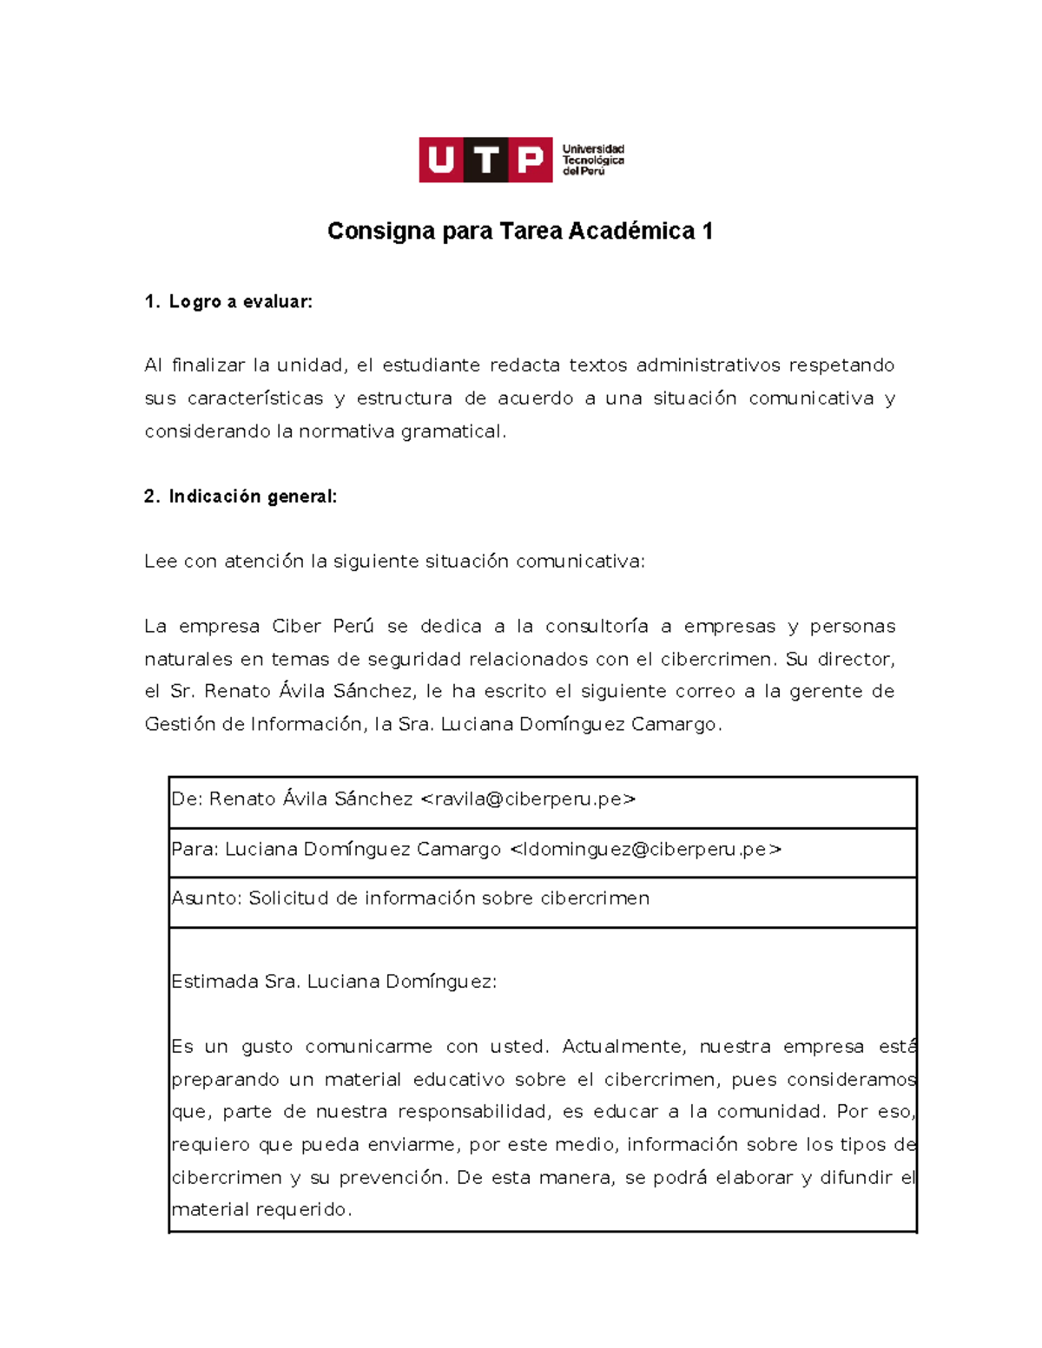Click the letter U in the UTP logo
click(441, 161)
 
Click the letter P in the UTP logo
click(530, 161)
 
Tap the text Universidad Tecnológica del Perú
click(593, 161)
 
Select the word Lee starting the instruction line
click(161, 562)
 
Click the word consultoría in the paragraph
click(597, 627)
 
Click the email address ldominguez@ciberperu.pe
click(645, 850)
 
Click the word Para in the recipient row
click(194, 850)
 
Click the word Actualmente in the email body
click(623, 1047)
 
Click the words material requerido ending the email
click(260, 1210)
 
